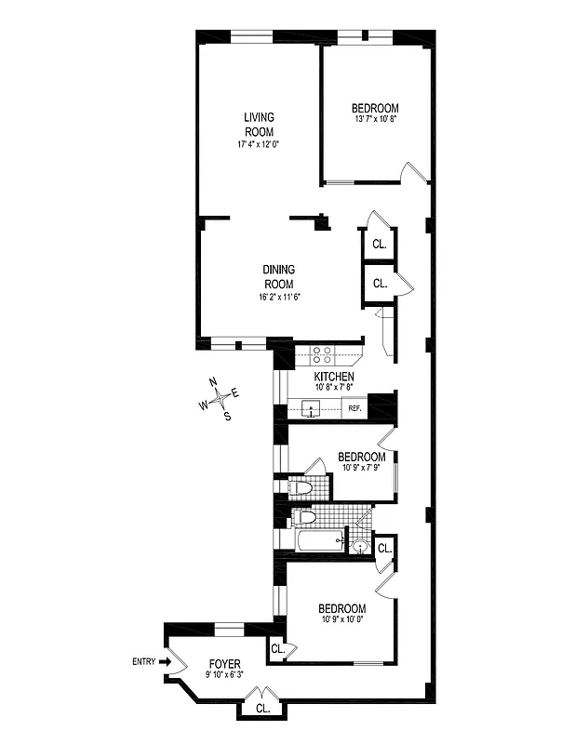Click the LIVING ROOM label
pos(259,125)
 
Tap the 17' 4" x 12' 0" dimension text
pos(259,145)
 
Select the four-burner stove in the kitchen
pos(322,354)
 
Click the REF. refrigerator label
pos(354,408)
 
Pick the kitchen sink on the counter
pos(311,407)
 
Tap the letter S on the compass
pos(227,416)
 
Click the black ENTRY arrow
pos(167,662)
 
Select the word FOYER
pos(224,664)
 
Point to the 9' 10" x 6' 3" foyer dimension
pos(224,676)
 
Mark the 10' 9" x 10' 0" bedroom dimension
pos(338,620)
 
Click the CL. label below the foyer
pos(262,708)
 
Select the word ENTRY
pos(144,662)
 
